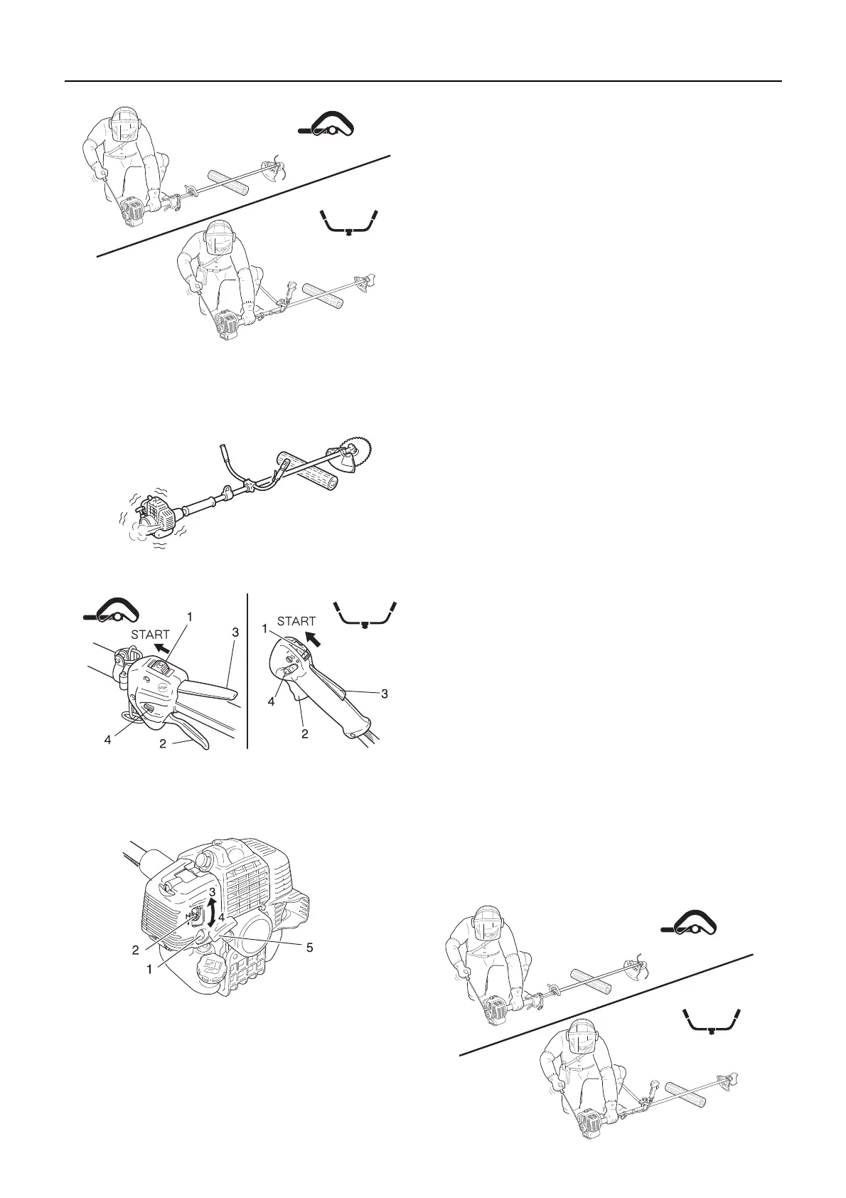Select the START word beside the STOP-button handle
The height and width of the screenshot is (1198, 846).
click(151, 635)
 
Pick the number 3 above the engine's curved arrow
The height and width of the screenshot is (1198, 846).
click(213, 892)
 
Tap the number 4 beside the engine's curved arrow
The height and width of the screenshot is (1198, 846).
click(221, 918)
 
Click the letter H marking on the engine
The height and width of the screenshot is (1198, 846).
click(189, 916)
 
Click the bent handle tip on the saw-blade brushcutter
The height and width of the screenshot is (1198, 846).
click(221, 451)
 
